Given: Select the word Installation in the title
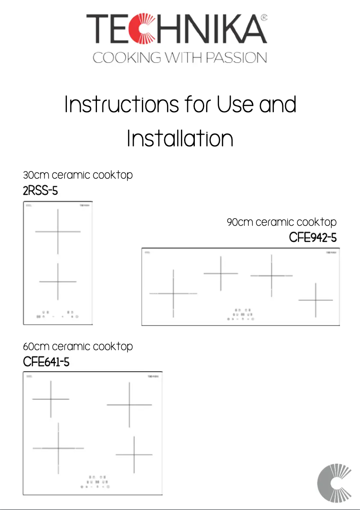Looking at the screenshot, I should [x=180, y=139].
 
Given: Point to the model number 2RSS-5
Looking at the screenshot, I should [x=40, y=191].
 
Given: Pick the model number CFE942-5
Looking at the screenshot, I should [x=312, y=237].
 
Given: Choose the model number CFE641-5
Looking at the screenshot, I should [x=46, y=361].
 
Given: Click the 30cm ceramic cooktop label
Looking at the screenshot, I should [x=78, y=175].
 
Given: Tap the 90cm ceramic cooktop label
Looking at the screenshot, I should [x=281, y=222].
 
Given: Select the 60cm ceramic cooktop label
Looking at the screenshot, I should [x=78, y=346].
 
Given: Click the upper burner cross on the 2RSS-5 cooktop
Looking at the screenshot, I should [x=58, y=232].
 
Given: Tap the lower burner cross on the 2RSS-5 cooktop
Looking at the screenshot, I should [x=58, y=281].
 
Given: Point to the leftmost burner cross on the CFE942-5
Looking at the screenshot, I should [x=173, y=294].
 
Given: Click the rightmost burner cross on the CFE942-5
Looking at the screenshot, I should [x=316, y=300].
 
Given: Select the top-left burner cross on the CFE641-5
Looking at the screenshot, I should [x=51, y=399].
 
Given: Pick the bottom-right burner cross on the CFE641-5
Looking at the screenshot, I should [x=134, y=455].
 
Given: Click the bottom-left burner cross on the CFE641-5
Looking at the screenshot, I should [x=58, y=448].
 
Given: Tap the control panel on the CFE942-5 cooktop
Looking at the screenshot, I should [x=241, y=314].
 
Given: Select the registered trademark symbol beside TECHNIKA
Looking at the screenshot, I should [x=264, y=18].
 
